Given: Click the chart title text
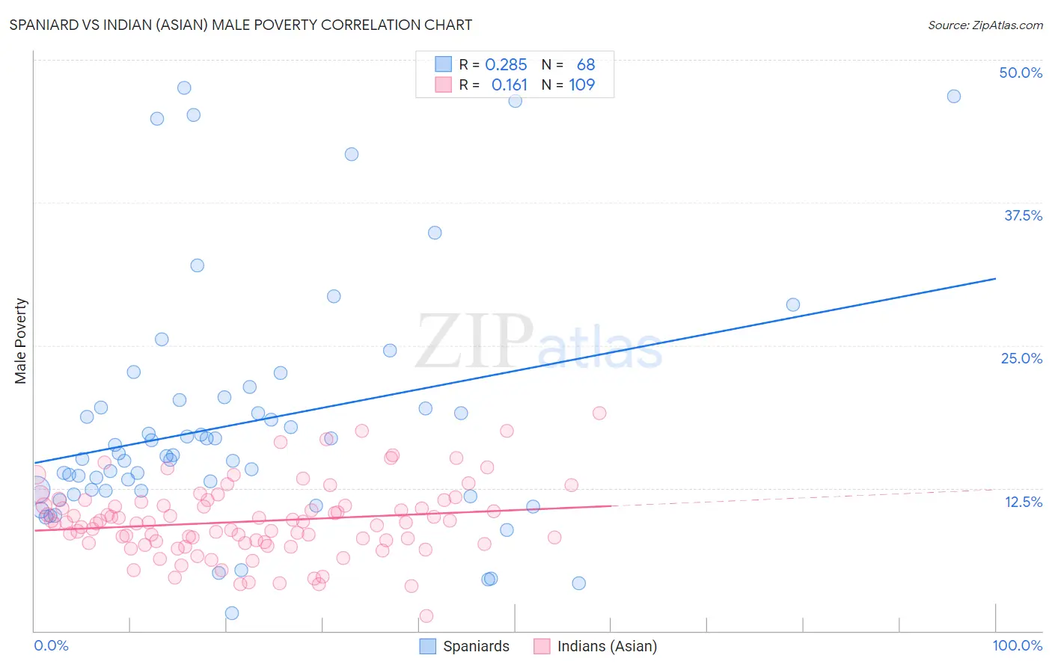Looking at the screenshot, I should (x=240, y=25).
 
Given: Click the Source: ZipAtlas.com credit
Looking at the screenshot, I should (x=985, y=25).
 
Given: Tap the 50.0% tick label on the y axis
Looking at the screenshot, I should (x=1021, y=73).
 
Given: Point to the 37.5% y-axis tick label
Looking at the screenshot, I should (x=1023, y=215).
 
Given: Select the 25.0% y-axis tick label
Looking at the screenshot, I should (x=1021, y=358).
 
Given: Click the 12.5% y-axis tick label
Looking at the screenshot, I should (x=1023, y=502).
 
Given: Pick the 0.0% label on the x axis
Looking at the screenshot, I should (x=51, y=645).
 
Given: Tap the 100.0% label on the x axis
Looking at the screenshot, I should (x=1017, y=645).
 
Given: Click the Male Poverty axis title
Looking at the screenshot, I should (x=21, y=341).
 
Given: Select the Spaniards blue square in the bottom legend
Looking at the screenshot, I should (x=427, y=646).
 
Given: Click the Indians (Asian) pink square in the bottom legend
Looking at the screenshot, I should (x=542, y=646).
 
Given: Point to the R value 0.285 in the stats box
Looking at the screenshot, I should (x=506, y=65).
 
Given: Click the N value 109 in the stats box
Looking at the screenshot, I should (x=582, y=85).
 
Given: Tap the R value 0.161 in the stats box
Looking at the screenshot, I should (x=509, y=85).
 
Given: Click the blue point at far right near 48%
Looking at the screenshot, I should (x=953, y=96).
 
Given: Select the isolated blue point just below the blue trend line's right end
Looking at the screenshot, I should (x=793, y=305).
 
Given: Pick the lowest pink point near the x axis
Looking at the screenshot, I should (x=426, y=616).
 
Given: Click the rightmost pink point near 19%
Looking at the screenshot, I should (x=599, y=414).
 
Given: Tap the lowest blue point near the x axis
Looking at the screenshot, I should (x=232, y=613).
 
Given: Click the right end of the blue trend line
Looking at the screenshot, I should (x=995, y=279).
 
